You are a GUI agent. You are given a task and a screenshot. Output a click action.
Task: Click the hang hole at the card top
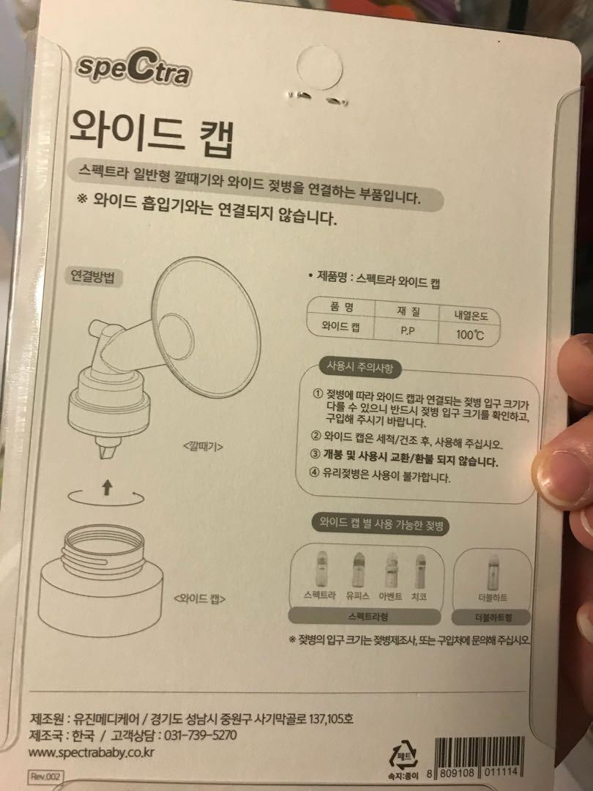pyautogui.click(x=320, y=67)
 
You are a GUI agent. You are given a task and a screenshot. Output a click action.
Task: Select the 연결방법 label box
pyautogui.click(x=97, y=277)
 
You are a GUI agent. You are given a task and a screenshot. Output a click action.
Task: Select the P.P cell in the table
pyautogui.click(x=408, y=330)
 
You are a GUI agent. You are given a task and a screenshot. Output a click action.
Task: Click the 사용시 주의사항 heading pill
pyautogui.click(x=360, y=368)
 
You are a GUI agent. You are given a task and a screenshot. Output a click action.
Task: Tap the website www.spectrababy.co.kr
pyautogui.click(x=93, y=752)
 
